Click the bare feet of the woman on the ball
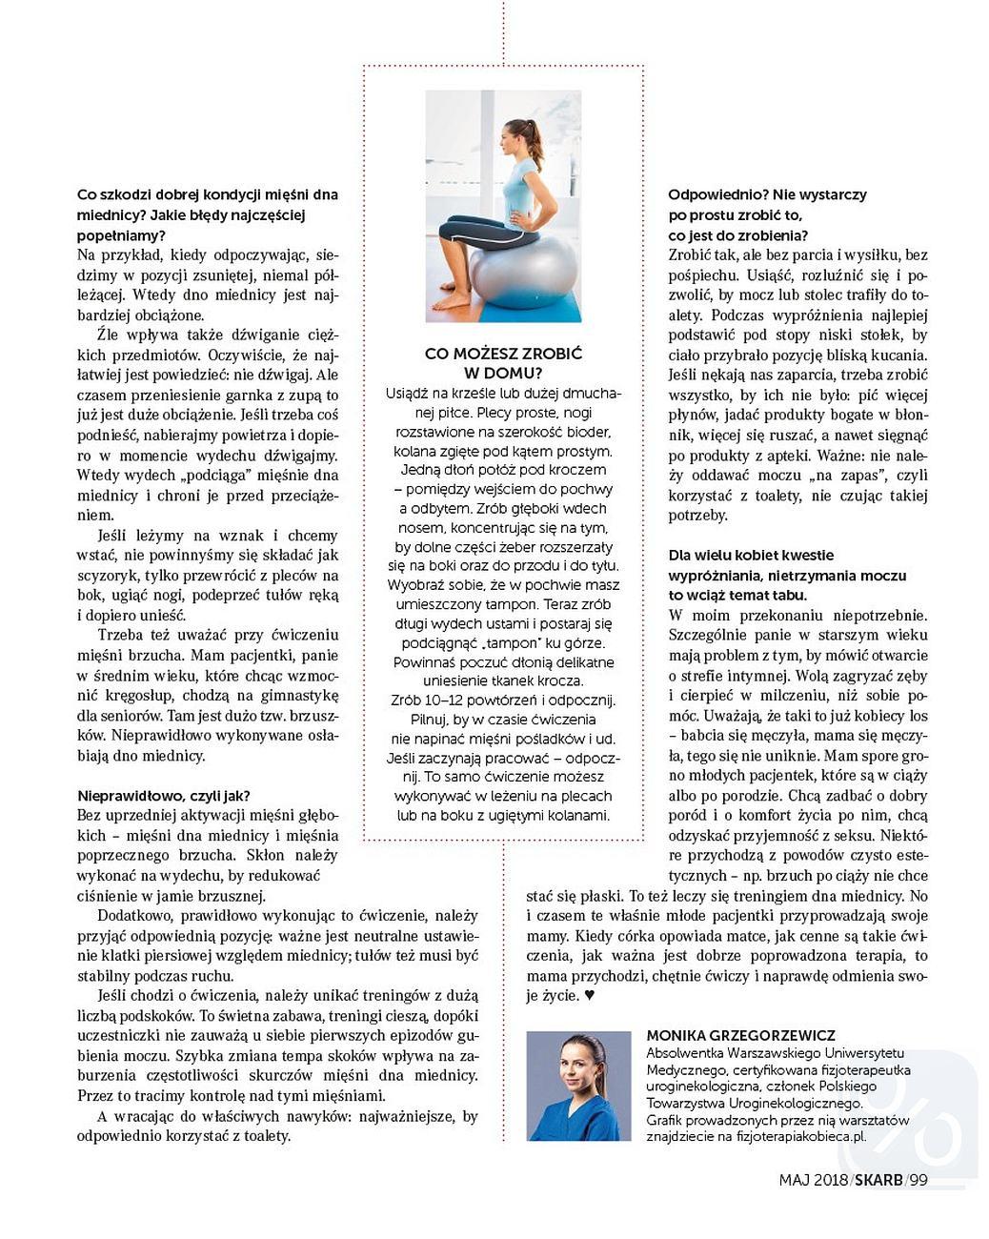(453, 299)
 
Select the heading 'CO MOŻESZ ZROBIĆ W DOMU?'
(503, 363)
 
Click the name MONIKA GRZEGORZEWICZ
(740, 1035)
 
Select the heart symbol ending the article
(589, 996)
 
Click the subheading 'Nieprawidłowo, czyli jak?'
(164, 796)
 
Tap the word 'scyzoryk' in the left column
(107, 576)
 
